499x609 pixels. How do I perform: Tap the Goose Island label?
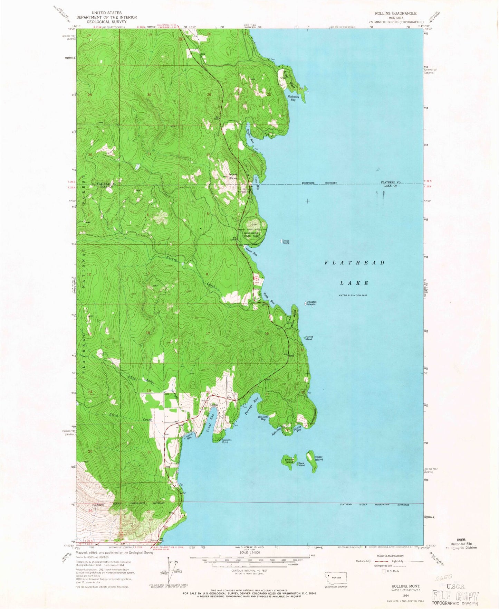tap(286, 242)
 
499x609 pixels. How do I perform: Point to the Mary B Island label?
tap(309, 338)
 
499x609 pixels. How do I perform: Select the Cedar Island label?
tap(318, 458)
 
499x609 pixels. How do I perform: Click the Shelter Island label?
tap(289, 461)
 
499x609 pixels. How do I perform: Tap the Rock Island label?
tap(302, 465)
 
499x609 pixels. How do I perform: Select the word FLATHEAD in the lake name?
tap(354, 263)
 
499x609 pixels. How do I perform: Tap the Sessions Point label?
tap(227, 441)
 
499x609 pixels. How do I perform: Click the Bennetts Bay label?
tap(263, 418)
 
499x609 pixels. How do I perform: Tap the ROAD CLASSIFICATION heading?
tap(391, 556)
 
